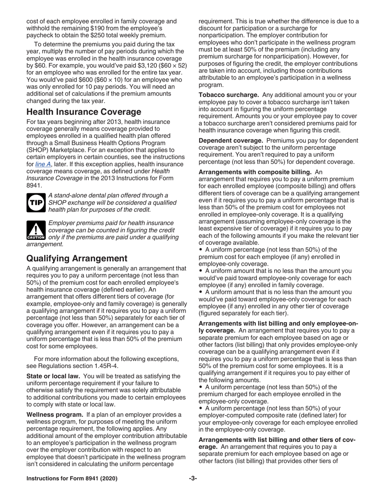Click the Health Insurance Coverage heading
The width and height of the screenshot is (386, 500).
tap(84, 112)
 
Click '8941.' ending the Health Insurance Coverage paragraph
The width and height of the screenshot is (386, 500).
tap(34, 186)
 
